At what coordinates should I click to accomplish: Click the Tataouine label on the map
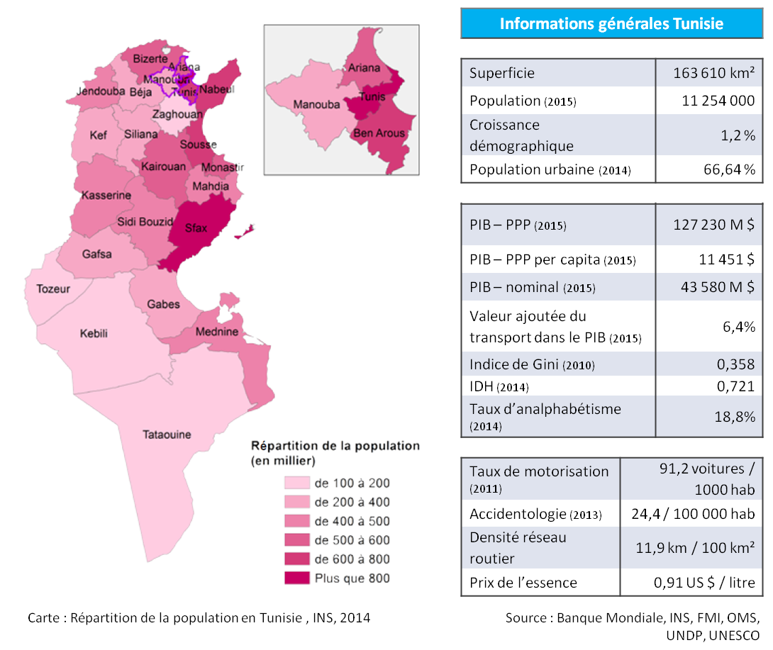[x=167, y=435]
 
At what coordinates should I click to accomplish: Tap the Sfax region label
[x=195, y=228]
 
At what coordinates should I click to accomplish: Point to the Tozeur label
[x=52, y=289]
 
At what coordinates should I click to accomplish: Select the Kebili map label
[x=94, y=333]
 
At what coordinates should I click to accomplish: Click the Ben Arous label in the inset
[x=379, y=133]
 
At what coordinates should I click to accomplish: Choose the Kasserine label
[x=106, y=195]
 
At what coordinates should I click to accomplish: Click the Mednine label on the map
[x=217, y=332]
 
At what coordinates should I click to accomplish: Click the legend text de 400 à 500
[x=352, y=521]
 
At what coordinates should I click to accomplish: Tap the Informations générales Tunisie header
[x=611, y=23]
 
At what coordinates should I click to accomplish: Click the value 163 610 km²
[x=713, y=73]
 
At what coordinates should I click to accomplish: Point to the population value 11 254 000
[x=718, y=101]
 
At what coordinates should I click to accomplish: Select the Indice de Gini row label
[x=532, y=365]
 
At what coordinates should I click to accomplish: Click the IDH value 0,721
[x=735, y=386]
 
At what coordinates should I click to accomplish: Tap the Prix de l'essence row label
[x=523, y=583]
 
